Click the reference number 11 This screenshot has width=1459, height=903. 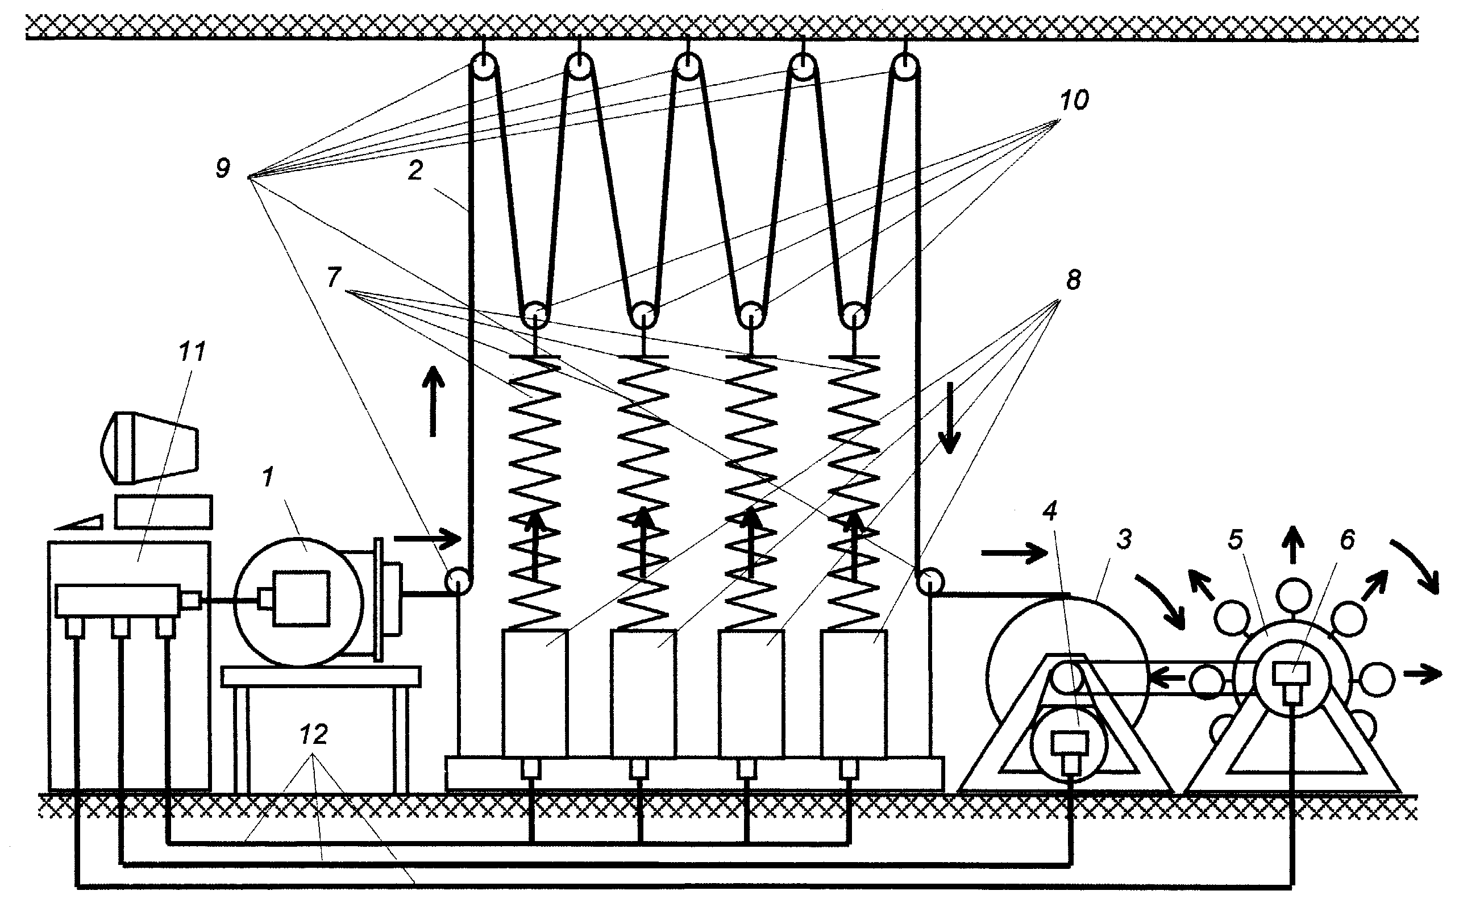coord(192,352)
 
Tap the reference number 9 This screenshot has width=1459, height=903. coord(223,168)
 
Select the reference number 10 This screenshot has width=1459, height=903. coord(1074,101)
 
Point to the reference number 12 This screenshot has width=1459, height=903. coord(314,735)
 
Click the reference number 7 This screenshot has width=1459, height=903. coord(334,277)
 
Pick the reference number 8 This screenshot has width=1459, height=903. coord(1074,280)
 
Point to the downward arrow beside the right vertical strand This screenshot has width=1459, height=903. coord(949,418)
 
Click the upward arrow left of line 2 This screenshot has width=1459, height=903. coord(434,401)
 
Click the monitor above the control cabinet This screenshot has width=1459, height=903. coord(149,447)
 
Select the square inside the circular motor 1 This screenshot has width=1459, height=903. coord(301,599)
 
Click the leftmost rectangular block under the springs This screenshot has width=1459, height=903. coord(535,694)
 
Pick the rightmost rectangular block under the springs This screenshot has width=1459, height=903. coord(854,694)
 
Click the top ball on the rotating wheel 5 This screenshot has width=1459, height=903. coord(1294,596)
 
